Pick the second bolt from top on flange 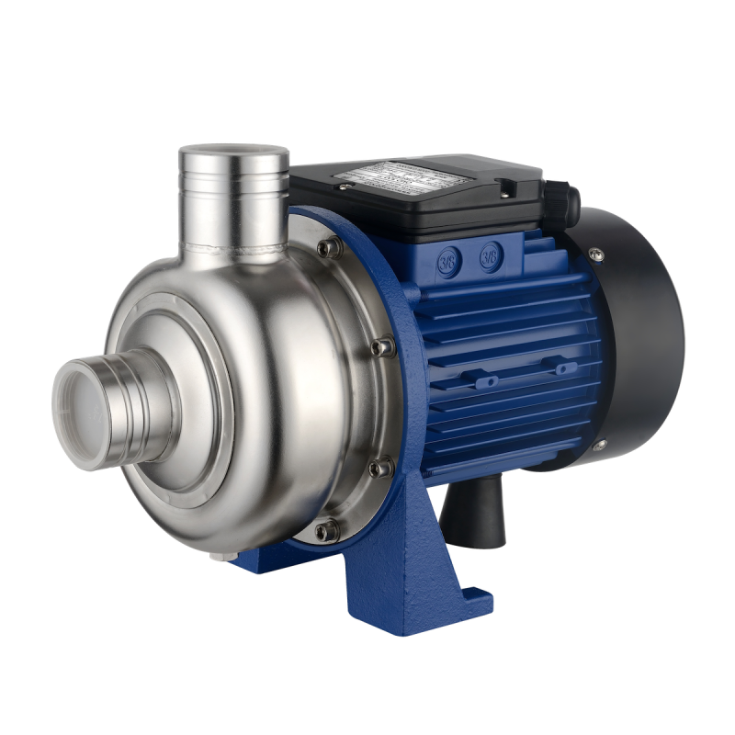(380, 346)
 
